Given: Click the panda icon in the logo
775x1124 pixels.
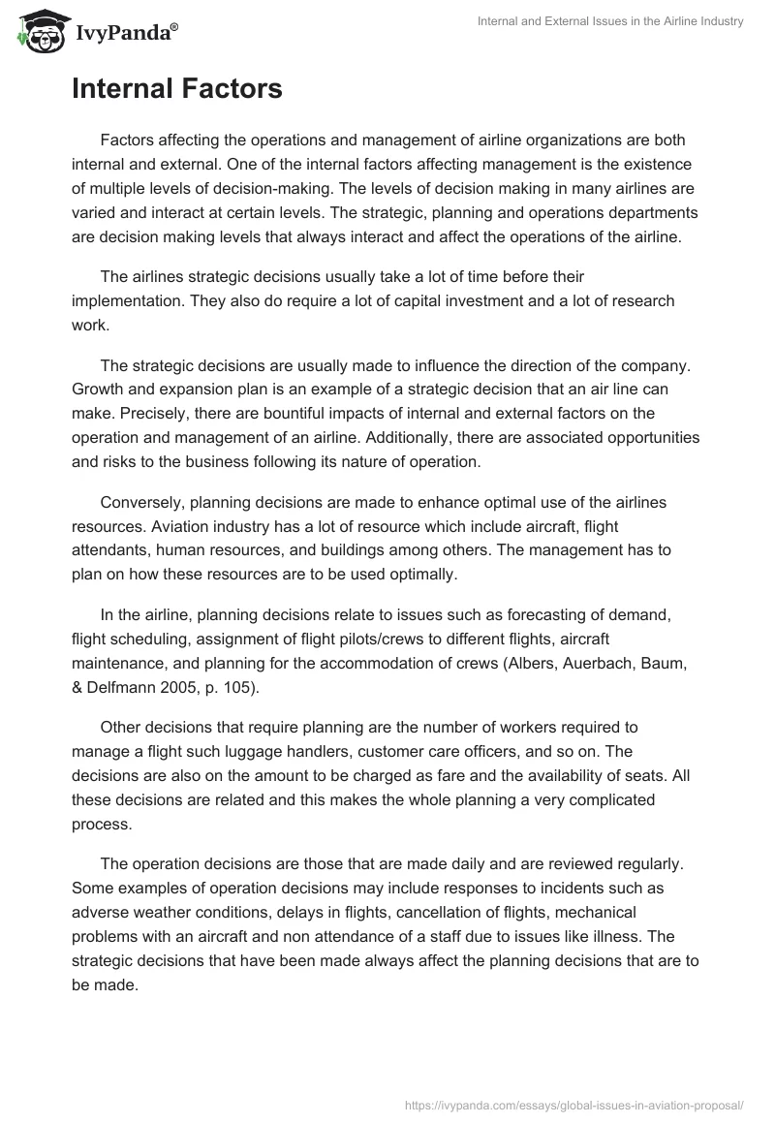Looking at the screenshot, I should pos(40,31).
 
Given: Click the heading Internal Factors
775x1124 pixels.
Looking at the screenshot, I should pos(177,89).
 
